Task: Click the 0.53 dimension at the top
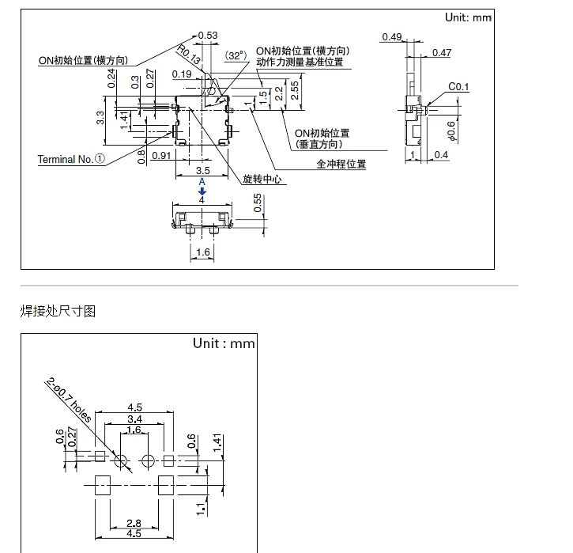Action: tap(208, 36)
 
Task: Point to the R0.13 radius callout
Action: tap(189, 55)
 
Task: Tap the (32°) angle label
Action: tap(236, 55)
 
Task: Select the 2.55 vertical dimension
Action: tap(295, 91)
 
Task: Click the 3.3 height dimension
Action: tap(100, 118)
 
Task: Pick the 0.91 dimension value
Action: tap(161, 155)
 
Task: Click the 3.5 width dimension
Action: tap(203, 170)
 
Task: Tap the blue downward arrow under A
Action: tap(202, 191)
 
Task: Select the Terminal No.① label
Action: tap(71, 159)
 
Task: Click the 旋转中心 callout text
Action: tap(262, 179)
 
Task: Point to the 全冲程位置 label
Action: tap(341, 164)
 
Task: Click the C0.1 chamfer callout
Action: tap(458, 87)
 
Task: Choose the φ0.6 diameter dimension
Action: tap(451, 131)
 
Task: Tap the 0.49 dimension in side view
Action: tap(392, 37)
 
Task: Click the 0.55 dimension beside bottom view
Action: tap(258, 203)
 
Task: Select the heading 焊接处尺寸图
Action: tap(58, 311)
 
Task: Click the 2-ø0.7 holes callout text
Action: tap(68, 400)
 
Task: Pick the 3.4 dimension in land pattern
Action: tap(134, 419)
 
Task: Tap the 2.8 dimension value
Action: tap(134, 523)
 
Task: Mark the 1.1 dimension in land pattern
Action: tap(201, 509)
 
